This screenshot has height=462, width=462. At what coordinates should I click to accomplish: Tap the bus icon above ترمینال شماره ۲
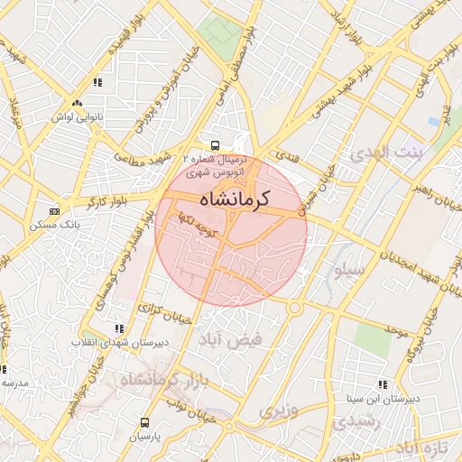click(215, 144)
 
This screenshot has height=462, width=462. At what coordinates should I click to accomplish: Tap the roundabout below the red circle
click(294, 308)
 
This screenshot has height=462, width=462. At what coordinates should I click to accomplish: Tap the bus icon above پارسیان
click(145, 421)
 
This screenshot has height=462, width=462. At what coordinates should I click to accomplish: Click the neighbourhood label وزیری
click(278, 411)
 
